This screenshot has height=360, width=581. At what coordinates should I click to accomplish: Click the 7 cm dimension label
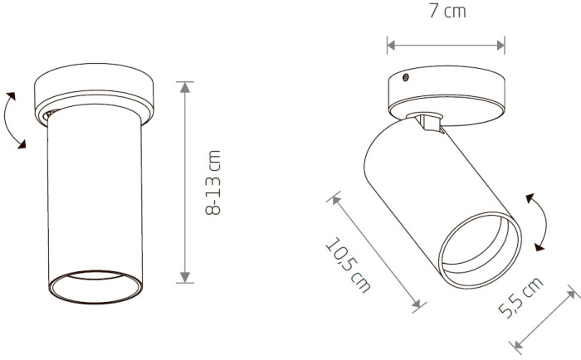click(447, 11)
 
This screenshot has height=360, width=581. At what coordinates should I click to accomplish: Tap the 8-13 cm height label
click(213, 182)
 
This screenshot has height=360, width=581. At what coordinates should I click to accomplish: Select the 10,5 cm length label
click(348, 265)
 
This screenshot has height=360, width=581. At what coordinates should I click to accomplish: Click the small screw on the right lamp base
click(406, 77)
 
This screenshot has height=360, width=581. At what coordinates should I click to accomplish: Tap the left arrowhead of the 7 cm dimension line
click(391, 46)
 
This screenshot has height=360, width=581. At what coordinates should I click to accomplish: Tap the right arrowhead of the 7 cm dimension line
click(500, 46)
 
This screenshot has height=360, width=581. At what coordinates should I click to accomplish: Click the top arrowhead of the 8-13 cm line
click(185, 86)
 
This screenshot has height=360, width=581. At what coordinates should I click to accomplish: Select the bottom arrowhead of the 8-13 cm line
click(185, 278)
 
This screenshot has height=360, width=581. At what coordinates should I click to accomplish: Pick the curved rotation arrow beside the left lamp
click(6, 119)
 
